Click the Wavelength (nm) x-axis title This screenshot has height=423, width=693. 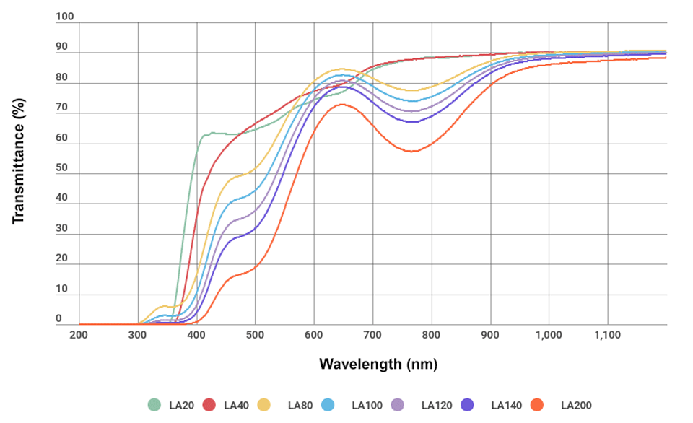[x=378, y=364]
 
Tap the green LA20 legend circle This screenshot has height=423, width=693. [x=154, y=405]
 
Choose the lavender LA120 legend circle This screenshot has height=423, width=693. [x=398, y=405]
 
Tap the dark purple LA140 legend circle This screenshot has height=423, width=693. [x=468, y=405]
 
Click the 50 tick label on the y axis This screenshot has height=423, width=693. [x=61, y=167]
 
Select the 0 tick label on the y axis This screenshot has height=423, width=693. [x=61, y=318]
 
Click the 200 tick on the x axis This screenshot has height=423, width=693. [x=79, y=335]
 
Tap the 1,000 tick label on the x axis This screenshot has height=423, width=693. [x=549, y=335]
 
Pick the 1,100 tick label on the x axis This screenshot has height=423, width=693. [x=607, y=335]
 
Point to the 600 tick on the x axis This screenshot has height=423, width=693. [x=313, y=335]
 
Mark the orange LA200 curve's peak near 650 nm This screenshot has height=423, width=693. [x=341, y=104]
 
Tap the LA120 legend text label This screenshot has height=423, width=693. [x=435, y=406]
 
